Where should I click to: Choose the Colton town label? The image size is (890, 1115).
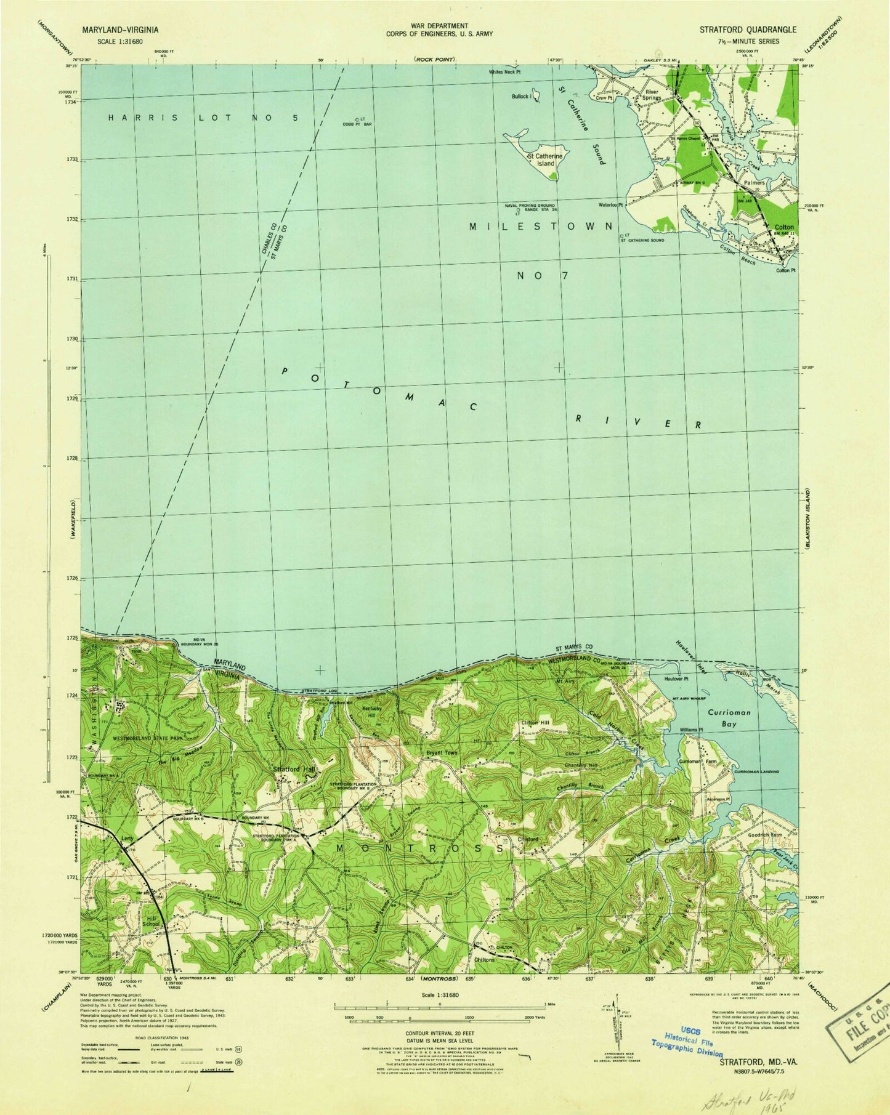point(783,227)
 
